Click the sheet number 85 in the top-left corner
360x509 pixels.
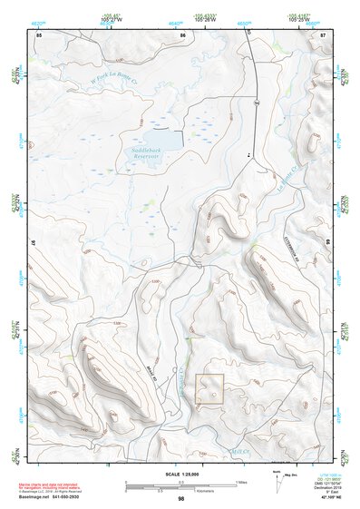point(39,34)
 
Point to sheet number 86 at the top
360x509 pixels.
point(182,34)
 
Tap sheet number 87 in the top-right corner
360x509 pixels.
point(323,34)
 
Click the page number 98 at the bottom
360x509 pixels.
point(181,498)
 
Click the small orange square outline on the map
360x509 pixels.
point(210,389)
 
